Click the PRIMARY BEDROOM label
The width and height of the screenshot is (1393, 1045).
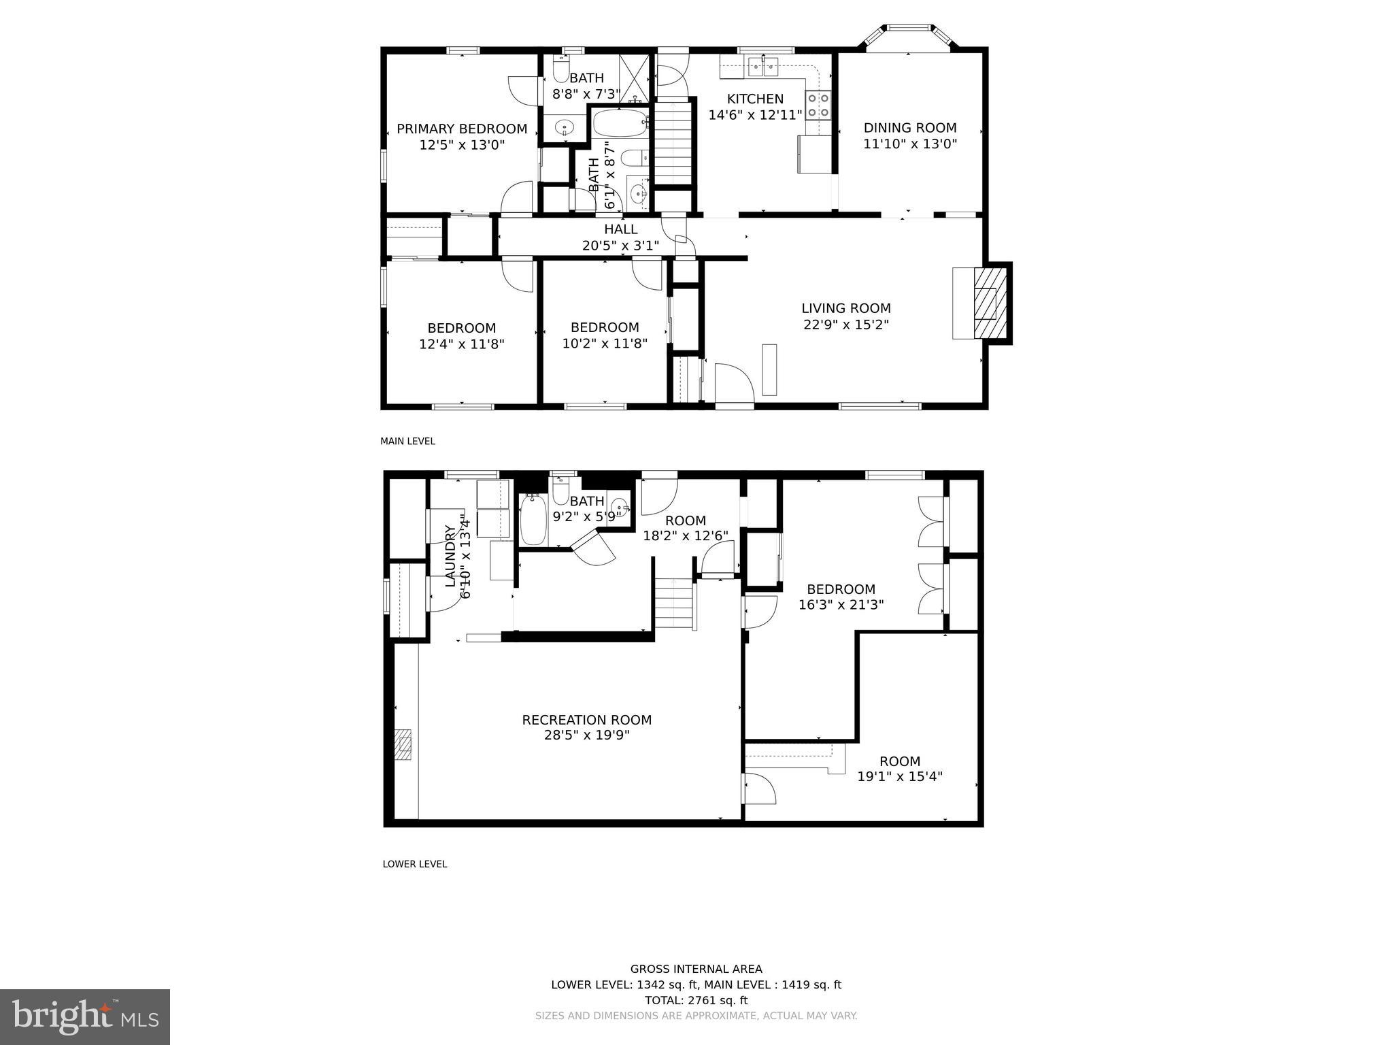click(x=462, y=129)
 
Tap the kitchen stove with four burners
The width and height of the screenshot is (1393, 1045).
click(x=818, y=105)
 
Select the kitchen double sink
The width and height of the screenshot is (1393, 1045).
click(x=764, y=67)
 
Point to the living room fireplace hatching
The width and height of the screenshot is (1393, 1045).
click(x=990, y=303)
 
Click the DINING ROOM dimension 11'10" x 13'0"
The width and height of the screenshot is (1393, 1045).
click(x=910, y=144)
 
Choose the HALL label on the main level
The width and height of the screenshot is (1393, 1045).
click(x=620, y=229)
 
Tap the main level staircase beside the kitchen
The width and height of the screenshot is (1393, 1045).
click(x=673, y=143)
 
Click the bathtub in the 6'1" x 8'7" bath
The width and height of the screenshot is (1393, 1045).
click(x=620, y=124)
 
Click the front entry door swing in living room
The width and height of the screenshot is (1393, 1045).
click(x=734, y=384)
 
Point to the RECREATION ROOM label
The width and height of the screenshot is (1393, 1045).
click(x=586, y=720)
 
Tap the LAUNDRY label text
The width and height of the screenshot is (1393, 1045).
click(x=450, y=556)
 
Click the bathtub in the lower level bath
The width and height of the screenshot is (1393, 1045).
click(x=533, y=520)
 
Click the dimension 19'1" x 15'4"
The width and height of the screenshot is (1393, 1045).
click(x=899, y=777)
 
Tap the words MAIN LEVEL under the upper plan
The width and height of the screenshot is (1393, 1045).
click(x=407, y=441)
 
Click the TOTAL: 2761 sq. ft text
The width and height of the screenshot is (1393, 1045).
click(x=696, y=1000)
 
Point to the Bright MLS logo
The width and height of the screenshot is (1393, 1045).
click(x=85, y=1016)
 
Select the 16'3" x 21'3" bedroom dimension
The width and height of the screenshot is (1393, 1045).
click(x=841, y=604)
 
